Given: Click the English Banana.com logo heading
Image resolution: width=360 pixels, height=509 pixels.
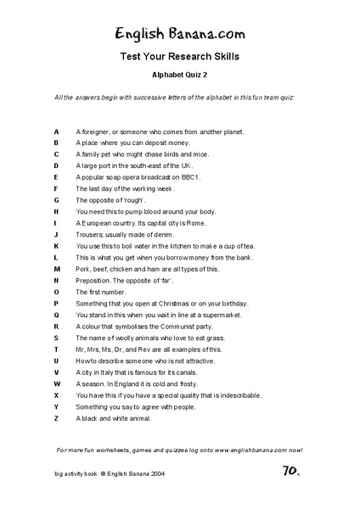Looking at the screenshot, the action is pos(180,34).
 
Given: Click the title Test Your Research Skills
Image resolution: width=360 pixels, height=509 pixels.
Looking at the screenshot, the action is pos(180,58).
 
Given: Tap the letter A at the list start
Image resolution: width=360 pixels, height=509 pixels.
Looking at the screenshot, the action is pos(56,132).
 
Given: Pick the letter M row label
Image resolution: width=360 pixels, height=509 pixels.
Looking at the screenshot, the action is pos(56,269).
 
